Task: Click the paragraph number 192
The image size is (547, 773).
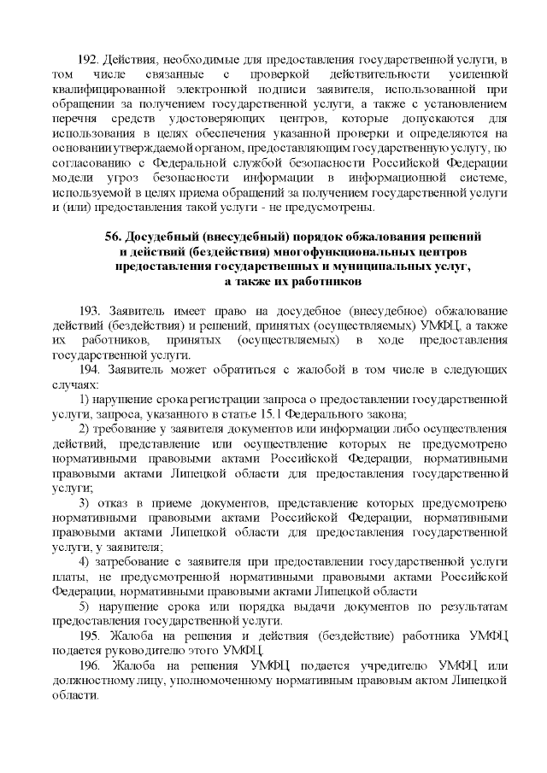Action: coord(88,59)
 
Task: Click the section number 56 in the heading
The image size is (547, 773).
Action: coord(113,235)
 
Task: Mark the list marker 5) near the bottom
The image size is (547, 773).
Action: coord(84,606)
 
